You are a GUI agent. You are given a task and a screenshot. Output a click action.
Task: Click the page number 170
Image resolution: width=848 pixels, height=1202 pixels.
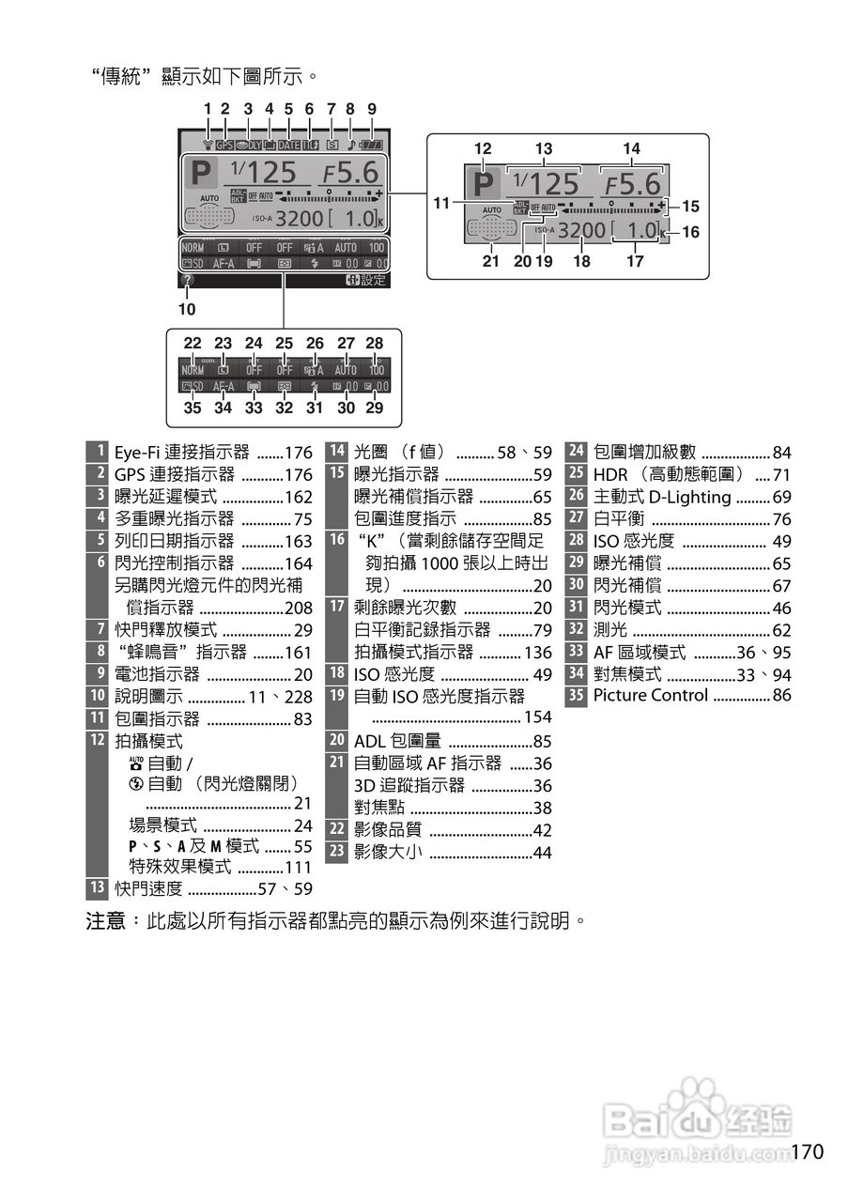[807, 1151]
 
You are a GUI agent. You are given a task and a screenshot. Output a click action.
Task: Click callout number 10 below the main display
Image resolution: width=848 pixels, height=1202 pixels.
[186, 307]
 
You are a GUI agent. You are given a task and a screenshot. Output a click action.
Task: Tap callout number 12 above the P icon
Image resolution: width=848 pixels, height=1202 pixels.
[483, 148]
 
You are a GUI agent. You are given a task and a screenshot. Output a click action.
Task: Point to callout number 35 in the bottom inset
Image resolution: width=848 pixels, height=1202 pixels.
[193, 408]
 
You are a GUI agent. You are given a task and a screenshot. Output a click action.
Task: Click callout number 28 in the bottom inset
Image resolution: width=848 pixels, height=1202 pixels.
[375, 344]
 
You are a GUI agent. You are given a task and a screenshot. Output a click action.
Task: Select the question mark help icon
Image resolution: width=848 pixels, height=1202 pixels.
[189, 280]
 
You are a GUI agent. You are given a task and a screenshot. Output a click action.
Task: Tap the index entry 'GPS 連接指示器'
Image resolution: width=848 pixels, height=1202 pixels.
[175, 474]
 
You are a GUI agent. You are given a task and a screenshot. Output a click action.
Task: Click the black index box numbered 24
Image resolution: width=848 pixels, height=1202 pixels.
[577, 452]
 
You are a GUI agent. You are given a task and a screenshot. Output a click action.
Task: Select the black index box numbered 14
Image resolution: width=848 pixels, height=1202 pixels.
[337, 452]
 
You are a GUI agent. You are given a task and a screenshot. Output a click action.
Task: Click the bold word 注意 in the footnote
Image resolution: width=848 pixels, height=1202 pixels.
[106, 921]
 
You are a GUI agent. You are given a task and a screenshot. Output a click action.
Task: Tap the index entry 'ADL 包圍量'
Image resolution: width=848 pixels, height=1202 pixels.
[397, 741]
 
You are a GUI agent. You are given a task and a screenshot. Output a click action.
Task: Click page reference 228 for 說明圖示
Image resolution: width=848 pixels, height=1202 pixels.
[299, 696]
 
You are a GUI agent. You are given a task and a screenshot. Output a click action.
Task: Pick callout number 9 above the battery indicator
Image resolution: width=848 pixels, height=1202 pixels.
[372, 109]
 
